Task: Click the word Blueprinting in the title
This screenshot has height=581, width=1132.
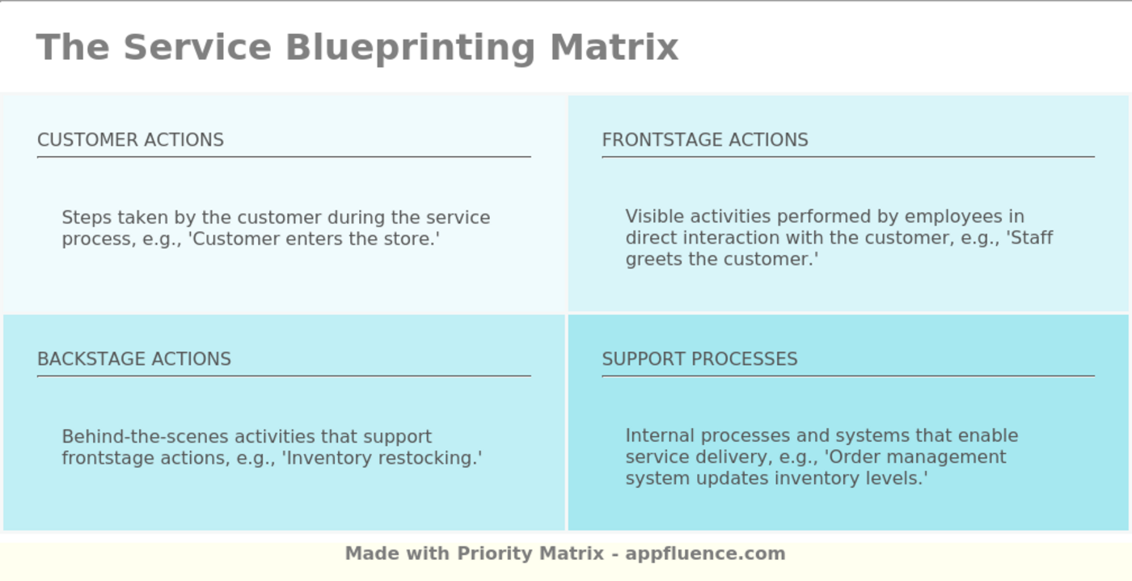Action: pos(410,47)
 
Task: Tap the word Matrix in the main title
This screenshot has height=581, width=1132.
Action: pos(614,47)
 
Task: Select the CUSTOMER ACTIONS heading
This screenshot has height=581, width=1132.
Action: pos(130,140)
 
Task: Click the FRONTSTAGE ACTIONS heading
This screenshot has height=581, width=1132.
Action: pos(704,140)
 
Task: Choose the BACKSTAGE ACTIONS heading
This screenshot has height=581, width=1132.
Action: pos(134,359)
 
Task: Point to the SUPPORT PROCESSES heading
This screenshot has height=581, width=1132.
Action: pos(699,359)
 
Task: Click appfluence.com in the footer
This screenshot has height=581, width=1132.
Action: pos(705,553)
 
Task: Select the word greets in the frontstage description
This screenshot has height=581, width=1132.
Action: pos(652,260)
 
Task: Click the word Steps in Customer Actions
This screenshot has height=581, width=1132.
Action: pos(87,218)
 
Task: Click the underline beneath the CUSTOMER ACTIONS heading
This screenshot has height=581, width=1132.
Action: pos(284,157)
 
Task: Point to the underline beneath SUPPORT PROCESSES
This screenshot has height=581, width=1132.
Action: pos(847,376)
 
